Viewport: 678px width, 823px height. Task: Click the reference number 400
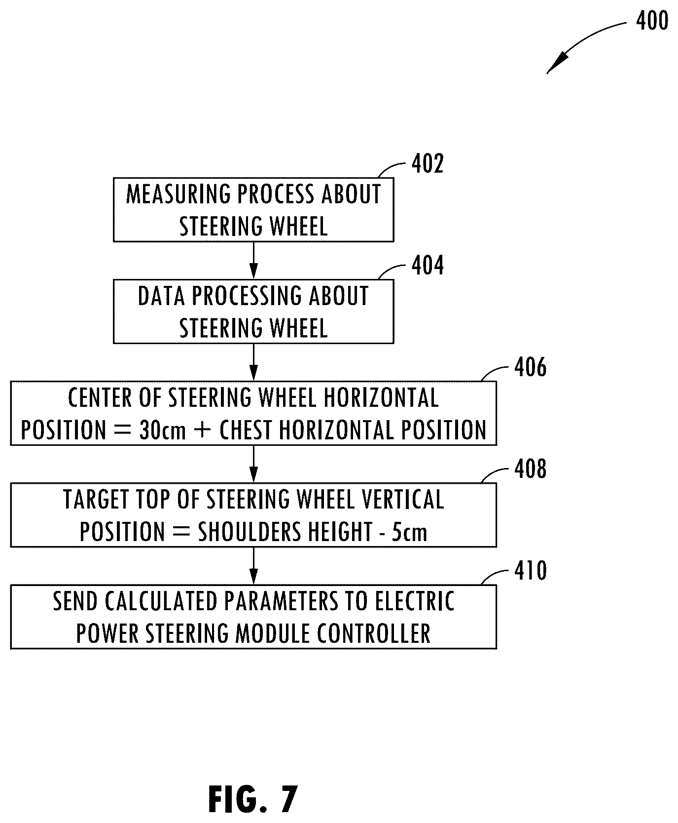[652, 21]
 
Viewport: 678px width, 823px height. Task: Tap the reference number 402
[428, 163]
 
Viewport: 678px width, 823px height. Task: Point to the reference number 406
[530, 367]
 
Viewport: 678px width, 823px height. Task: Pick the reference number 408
[530, 469]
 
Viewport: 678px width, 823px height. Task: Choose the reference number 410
[530, 571]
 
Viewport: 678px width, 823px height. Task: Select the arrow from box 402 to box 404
[253, 260]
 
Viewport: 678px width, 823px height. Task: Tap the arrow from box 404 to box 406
[253, 362]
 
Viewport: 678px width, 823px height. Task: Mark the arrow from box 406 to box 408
[253, 464]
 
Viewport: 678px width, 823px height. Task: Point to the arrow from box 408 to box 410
[253, 566]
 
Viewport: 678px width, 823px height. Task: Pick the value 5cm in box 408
[409, 532]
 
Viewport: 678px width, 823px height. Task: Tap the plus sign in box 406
[203, 430]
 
